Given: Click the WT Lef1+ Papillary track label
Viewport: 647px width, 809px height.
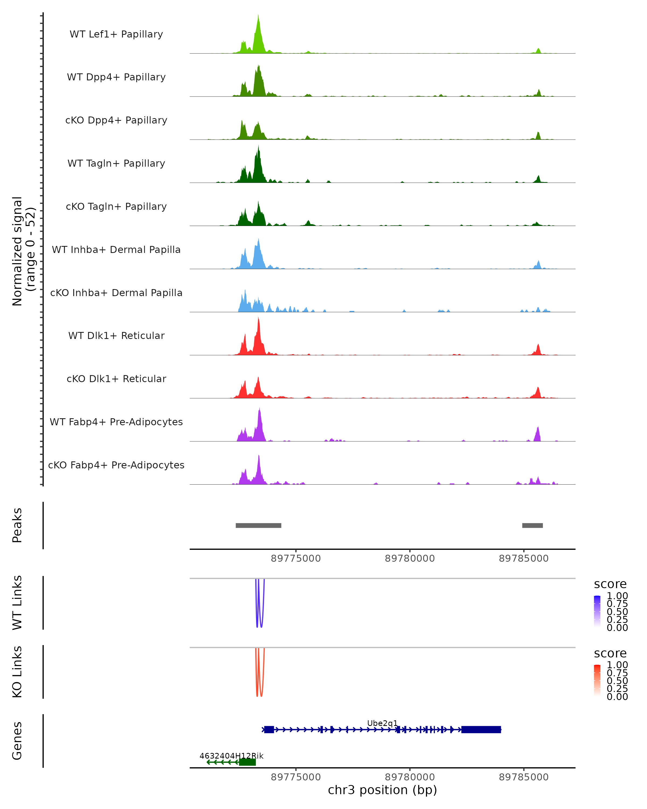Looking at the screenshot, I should coord(116,34).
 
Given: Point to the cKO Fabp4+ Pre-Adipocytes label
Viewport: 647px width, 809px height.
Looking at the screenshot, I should coord(116,465).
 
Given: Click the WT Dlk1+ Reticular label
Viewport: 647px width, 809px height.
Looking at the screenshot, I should coord(116,335).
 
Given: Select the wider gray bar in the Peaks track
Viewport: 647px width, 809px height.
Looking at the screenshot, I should coord(259,525).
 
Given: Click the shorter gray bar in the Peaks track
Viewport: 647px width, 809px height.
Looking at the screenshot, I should coord(532,525).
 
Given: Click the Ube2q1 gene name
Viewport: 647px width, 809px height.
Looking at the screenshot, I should coord(382,723).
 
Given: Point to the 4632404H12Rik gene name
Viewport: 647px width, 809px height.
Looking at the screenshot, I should coord(231,756).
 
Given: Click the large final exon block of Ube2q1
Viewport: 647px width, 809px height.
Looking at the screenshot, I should coord(481,729).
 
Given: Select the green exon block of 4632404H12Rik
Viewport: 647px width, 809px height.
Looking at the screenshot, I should coord(247,762).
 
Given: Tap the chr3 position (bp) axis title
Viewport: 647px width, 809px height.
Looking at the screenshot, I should coord(382,790).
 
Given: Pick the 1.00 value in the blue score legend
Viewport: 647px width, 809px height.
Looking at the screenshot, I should coord(617,596).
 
